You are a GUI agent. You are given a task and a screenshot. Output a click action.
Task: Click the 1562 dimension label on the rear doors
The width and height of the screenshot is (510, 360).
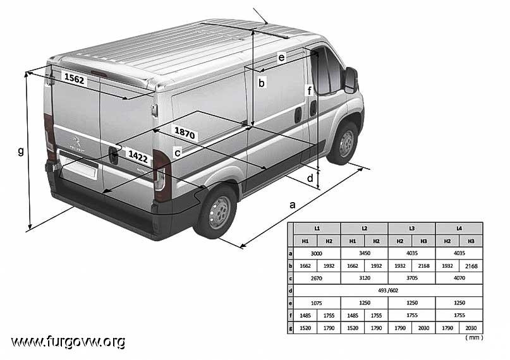(74, 78)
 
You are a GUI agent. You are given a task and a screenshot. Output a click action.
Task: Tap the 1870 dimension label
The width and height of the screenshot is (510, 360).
(185, 133)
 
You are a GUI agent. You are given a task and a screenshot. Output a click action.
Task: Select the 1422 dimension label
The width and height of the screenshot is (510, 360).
(138, 157)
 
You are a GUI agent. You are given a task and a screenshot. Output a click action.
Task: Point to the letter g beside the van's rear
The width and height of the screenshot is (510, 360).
(21, 151)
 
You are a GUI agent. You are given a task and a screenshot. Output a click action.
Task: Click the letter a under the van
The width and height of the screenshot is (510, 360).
(293, 205)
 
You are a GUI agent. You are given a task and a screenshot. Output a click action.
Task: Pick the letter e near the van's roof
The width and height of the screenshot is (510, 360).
(281, 57)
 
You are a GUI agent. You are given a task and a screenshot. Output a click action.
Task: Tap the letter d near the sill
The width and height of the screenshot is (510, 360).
(310, 177)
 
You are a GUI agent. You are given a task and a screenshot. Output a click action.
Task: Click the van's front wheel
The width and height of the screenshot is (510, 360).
(345, 143)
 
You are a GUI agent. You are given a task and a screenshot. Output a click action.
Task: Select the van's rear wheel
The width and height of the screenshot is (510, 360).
(217, 212)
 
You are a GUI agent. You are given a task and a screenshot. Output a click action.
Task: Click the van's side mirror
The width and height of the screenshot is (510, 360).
(351, 80)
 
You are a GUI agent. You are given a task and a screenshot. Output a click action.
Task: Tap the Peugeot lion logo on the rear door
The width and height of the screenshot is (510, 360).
(76, 142)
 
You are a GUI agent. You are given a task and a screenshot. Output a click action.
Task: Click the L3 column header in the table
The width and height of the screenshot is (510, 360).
(411, 229)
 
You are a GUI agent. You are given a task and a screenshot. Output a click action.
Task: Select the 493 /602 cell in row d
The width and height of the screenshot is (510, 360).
(388, 291)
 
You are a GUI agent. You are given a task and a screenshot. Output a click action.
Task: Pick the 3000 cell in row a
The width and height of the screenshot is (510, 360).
(316, 253)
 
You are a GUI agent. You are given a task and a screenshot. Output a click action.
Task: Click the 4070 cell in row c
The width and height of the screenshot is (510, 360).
(459, 278)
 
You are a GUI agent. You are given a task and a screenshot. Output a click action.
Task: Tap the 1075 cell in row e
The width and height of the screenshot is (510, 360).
(316, 303)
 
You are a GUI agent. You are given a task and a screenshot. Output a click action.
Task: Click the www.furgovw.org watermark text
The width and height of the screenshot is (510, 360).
(68, 342)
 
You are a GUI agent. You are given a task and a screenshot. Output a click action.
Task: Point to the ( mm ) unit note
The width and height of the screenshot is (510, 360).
(474, 337)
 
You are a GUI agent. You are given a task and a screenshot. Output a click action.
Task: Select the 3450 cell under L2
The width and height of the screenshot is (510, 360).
(364, 253)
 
